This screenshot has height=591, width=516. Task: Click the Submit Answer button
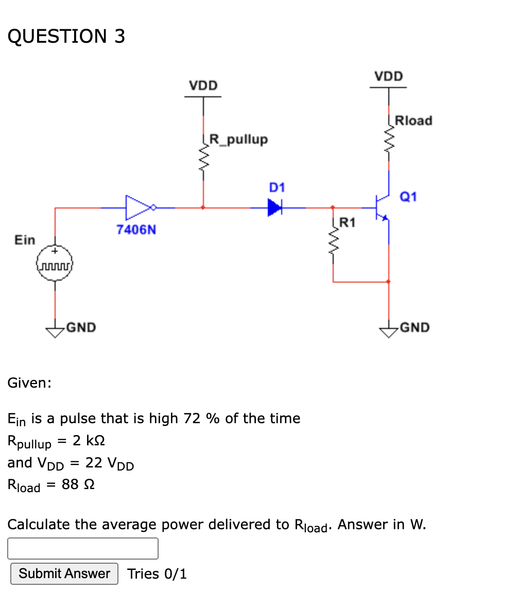64,573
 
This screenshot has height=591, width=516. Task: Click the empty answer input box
82,548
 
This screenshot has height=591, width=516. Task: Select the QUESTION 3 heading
66,37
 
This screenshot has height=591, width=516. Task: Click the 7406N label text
136,230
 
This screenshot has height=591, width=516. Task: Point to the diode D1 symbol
276,207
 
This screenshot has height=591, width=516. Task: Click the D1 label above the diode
277,187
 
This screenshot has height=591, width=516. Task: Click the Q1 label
408,197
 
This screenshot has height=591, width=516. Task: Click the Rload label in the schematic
414,120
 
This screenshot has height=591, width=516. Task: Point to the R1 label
347,222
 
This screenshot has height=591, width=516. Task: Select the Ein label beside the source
25,240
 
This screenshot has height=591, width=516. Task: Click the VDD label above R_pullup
203,85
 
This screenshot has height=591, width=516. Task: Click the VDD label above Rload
389,76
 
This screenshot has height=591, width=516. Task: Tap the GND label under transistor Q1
415,327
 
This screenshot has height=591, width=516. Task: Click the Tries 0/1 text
157,573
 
